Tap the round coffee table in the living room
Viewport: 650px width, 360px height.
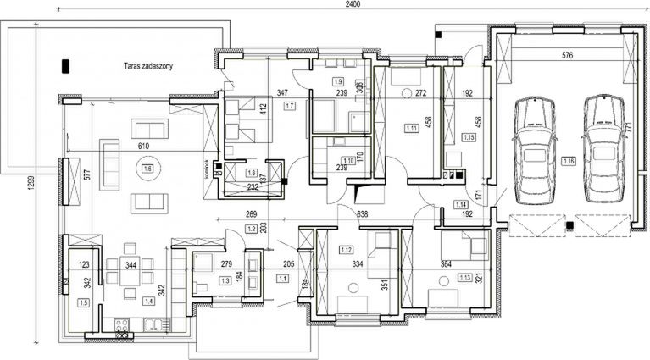coord(147,170)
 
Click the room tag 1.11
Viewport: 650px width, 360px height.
coord(411,127)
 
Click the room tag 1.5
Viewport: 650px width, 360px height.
coord(82,302)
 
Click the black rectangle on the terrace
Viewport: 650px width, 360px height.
coord(65,65)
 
